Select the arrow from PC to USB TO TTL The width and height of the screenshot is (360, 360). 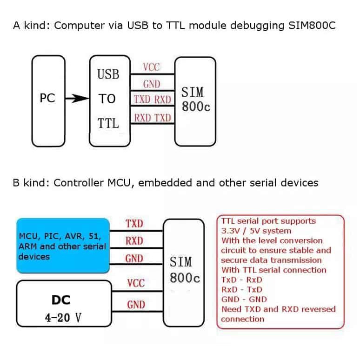coord(76,99)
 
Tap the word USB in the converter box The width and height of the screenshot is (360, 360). coord(108,74)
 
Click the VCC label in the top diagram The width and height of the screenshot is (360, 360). coord(151,67)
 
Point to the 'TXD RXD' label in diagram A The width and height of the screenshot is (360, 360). coord(152,99)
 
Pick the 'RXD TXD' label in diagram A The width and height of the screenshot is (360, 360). coord(152,118)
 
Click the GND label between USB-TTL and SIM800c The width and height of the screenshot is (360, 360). coord(152,84)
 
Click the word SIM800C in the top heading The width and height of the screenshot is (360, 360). coord(308,25)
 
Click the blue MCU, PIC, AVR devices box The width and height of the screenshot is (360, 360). coord(63,245)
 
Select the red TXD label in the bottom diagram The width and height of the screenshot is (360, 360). coord(134,224)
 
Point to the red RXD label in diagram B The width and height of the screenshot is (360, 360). coord(134,241)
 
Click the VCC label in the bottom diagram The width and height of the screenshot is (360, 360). coord(136,283)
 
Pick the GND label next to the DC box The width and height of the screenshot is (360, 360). coord(136,305)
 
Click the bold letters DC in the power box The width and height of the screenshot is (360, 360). coord(61,300)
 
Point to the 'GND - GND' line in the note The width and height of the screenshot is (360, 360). coord(244,299)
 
